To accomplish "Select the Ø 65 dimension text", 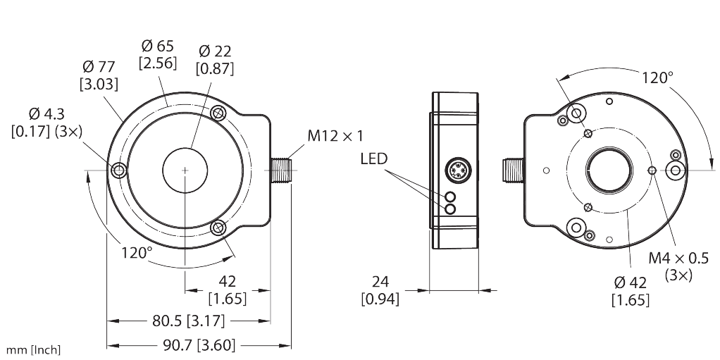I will coord(157,46).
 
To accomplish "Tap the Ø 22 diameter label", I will coord(216,51).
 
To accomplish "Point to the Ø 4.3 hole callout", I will coord(45,113).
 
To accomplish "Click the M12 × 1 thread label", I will coord(335,135).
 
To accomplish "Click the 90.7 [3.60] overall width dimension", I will coord(201,345).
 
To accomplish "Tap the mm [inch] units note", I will coord(33,349).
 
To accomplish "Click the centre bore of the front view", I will coord(185,170).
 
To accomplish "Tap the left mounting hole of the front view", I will coord(118,170).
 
